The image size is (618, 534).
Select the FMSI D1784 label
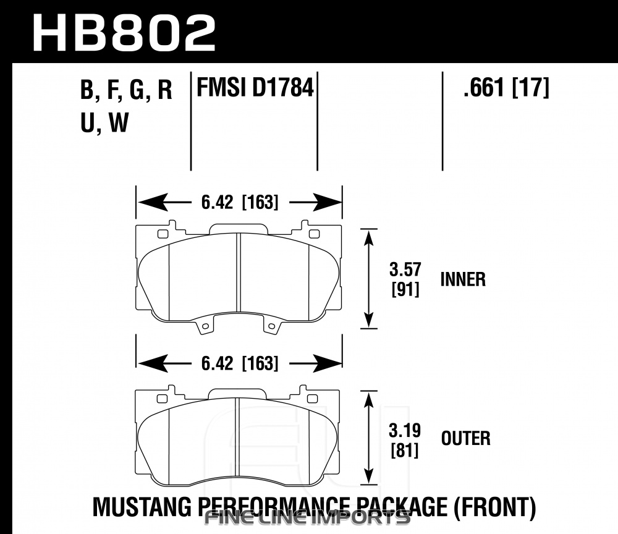[x=255, y=88]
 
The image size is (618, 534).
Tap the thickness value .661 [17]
[x=506, y=88]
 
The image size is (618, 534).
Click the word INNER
[x=463, y=279]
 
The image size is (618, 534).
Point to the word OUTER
[x=465, y=438]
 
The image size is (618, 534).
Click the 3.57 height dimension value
[x=405, y=270]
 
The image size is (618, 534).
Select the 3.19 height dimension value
[x=405, y=431]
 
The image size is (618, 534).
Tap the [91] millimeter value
[x=405, y=290]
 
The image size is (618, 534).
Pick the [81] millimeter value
[x=405, y=451]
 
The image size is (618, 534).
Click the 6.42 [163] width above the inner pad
[x=240, y=203]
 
